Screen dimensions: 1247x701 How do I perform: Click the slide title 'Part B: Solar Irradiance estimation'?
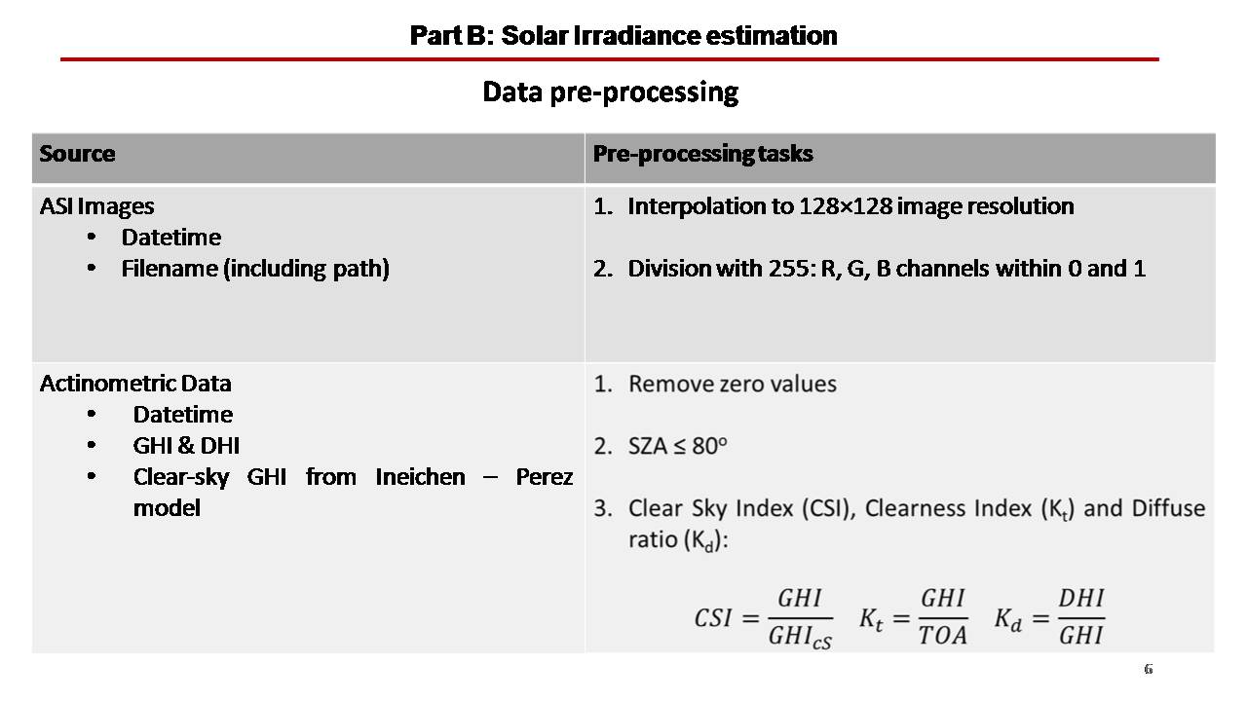tap(623, 36)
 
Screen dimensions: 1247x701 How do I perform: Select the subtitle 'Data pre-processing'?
tap(610, 92)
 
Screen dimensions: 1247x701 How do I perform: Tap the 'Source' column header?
tap(77, 154)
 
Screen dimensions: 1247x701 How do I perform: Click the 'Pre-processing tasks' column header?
tap(702, 154)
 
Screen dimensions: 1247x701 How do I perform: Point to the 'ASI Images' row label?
tap(96, 206)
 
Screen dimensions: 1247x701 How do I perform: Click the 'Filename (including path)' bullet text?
tap(255, 269)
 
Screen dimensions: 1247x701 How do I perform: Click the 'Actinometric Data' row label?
tap(135, 384)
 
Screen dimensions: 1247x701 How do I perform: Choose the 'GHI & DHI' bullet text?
tap(186, 446)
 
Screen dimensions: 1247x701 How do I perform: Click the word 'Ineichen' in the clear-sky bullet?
tap(420, 477)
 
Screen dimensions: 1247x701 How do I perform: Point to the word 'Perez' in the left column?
tap(545, 477)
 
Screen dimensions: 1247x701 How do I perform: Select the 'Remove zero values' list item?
tap(732, 384)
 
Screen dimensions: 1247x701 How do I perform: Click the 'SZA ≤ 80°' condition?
tap(677, 446)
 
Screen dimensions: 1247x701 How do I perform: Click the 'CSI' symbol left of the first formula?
tap(712, 618)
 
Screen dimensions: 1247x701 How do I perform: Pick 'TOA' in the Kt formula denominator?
tap(942, 636)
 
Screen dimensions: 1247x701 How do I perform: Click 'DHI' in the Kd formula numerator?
tap(1081, 599)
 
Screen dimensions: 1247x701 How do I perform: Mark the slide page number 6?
tap(1148, 669)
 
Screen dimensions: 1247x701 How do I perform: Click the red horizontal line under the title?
tap(610, 59)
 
